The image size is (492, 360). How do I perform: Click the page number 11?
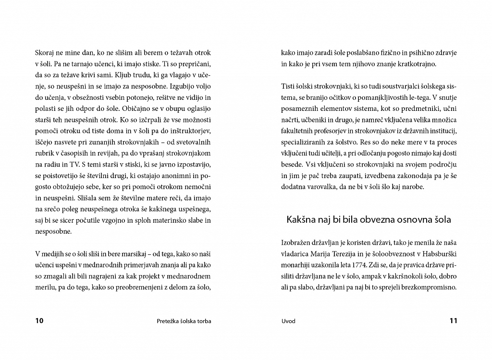[x=453, y=321]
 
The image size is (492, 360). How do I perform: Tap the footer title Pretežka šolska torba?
[x=184, y=321]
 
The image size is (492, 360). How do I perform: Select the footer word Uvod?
[x=288, y=321]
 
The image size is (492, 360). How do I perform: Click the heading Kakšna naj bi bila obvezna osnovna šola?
[x=369, y=220]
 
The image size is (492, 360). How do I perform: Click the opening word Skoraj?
[x=46, y=53]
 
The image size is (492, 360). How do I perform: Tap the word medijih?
[x=56, y=253]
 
